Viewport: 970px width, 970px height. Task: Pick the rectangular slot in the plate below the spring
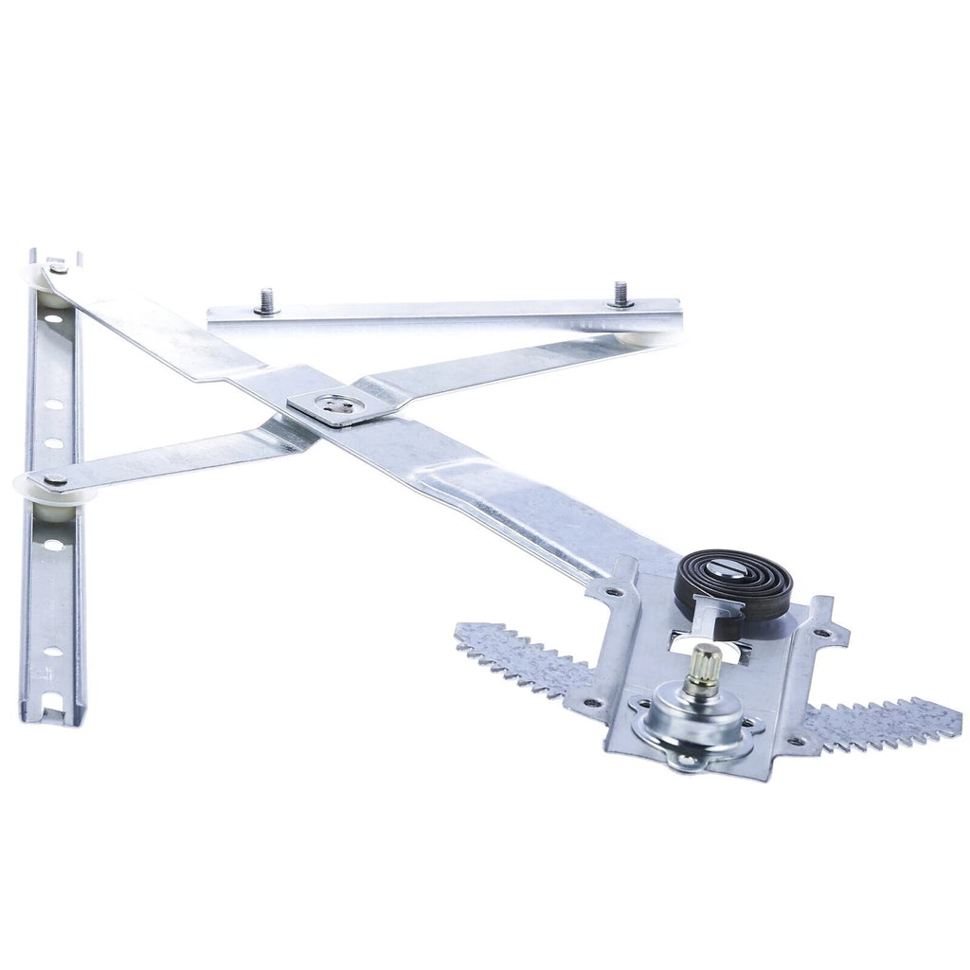pos(709,637)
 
